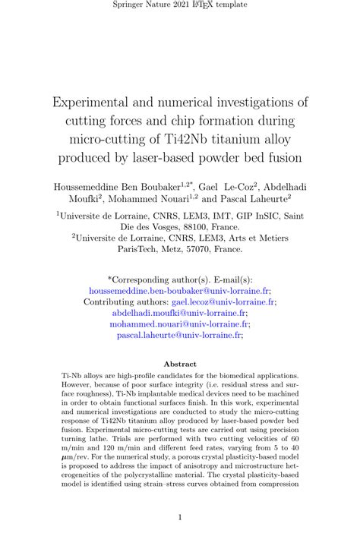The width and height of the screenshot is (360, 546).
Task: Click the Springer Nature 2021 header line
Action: coord(180,6)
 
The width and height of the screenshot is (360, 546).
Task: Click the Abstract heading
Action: coord(180,364)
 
